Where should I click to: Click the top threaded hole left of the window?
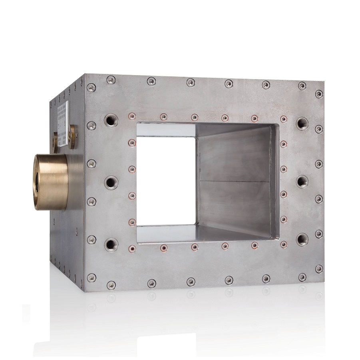[111, 119]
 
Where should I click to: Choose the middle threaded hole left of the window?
[111, 182]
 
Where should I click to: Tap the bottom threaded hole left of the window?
[111, 243]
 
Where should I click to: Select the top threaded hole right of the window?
[302, 123]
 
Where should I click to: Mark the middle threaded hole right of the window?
[302, 181]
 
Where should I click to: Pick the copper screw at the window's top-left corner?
[131, 117]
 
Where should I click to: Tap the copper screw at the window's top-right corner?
[283, 119]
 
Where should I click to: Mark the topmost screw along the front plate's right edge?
[319, 94]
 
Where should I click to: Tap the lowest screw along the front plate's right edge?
[319, 269]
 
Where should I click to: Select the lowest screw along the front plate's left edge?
[91, 277]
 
